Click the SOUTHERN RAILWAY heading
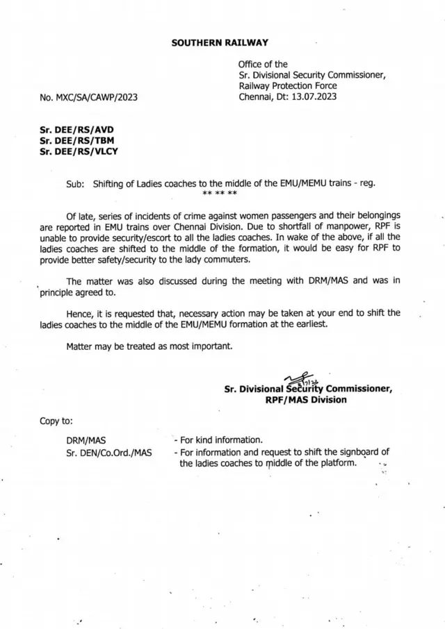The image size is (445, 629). point(219,43)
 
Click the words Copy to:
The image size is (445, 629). point(56,421)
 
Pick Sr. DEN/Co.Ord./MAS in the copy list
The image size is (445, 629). point(108,453)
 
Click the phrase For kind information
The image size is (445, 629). point(221,440)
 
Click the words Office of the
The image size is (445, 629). point(263,64)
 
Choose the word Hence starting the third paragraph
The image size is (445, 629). point(81,313)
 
